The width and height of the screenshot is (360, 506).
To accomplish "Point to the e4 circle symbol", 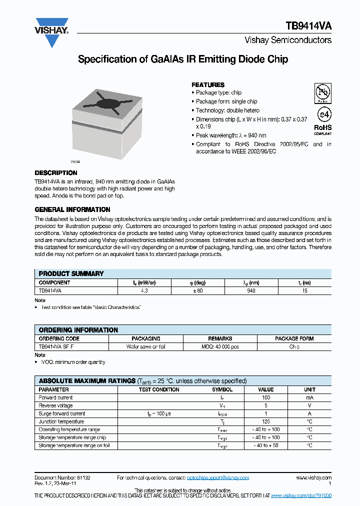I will pos(322,114).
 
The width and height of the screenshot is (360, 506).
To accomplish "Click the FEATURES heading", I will pos(208,85).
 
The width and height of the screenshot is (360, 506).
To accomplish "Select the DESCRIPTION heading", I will pos(55,173).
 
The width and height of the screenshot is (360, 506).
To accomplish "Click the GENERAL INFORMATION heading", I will pos(72,209).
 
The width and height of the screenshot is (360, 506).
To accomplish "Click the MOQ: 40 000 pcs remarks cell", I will pos(220,346).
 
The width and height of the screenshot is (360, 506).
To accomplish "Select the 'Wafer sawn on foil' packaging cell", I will pos(145,346).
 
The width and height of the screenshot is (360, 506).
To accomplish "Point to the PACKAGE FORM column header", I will pos(294,338).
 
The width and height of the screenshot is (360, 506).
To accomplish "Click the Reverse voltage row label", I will pos(55,405).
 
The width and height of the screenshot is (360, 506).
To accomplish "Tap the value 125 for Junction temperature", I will pos(266,421).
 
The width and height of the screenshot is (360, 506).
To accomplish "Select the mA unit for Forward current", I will pos(309,397).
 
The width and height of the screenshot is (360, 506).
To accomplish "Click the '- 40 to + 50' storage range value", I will pos(266,445).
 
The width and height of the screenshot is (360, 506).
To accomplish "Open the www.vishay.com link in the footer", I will pos(313,478).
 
